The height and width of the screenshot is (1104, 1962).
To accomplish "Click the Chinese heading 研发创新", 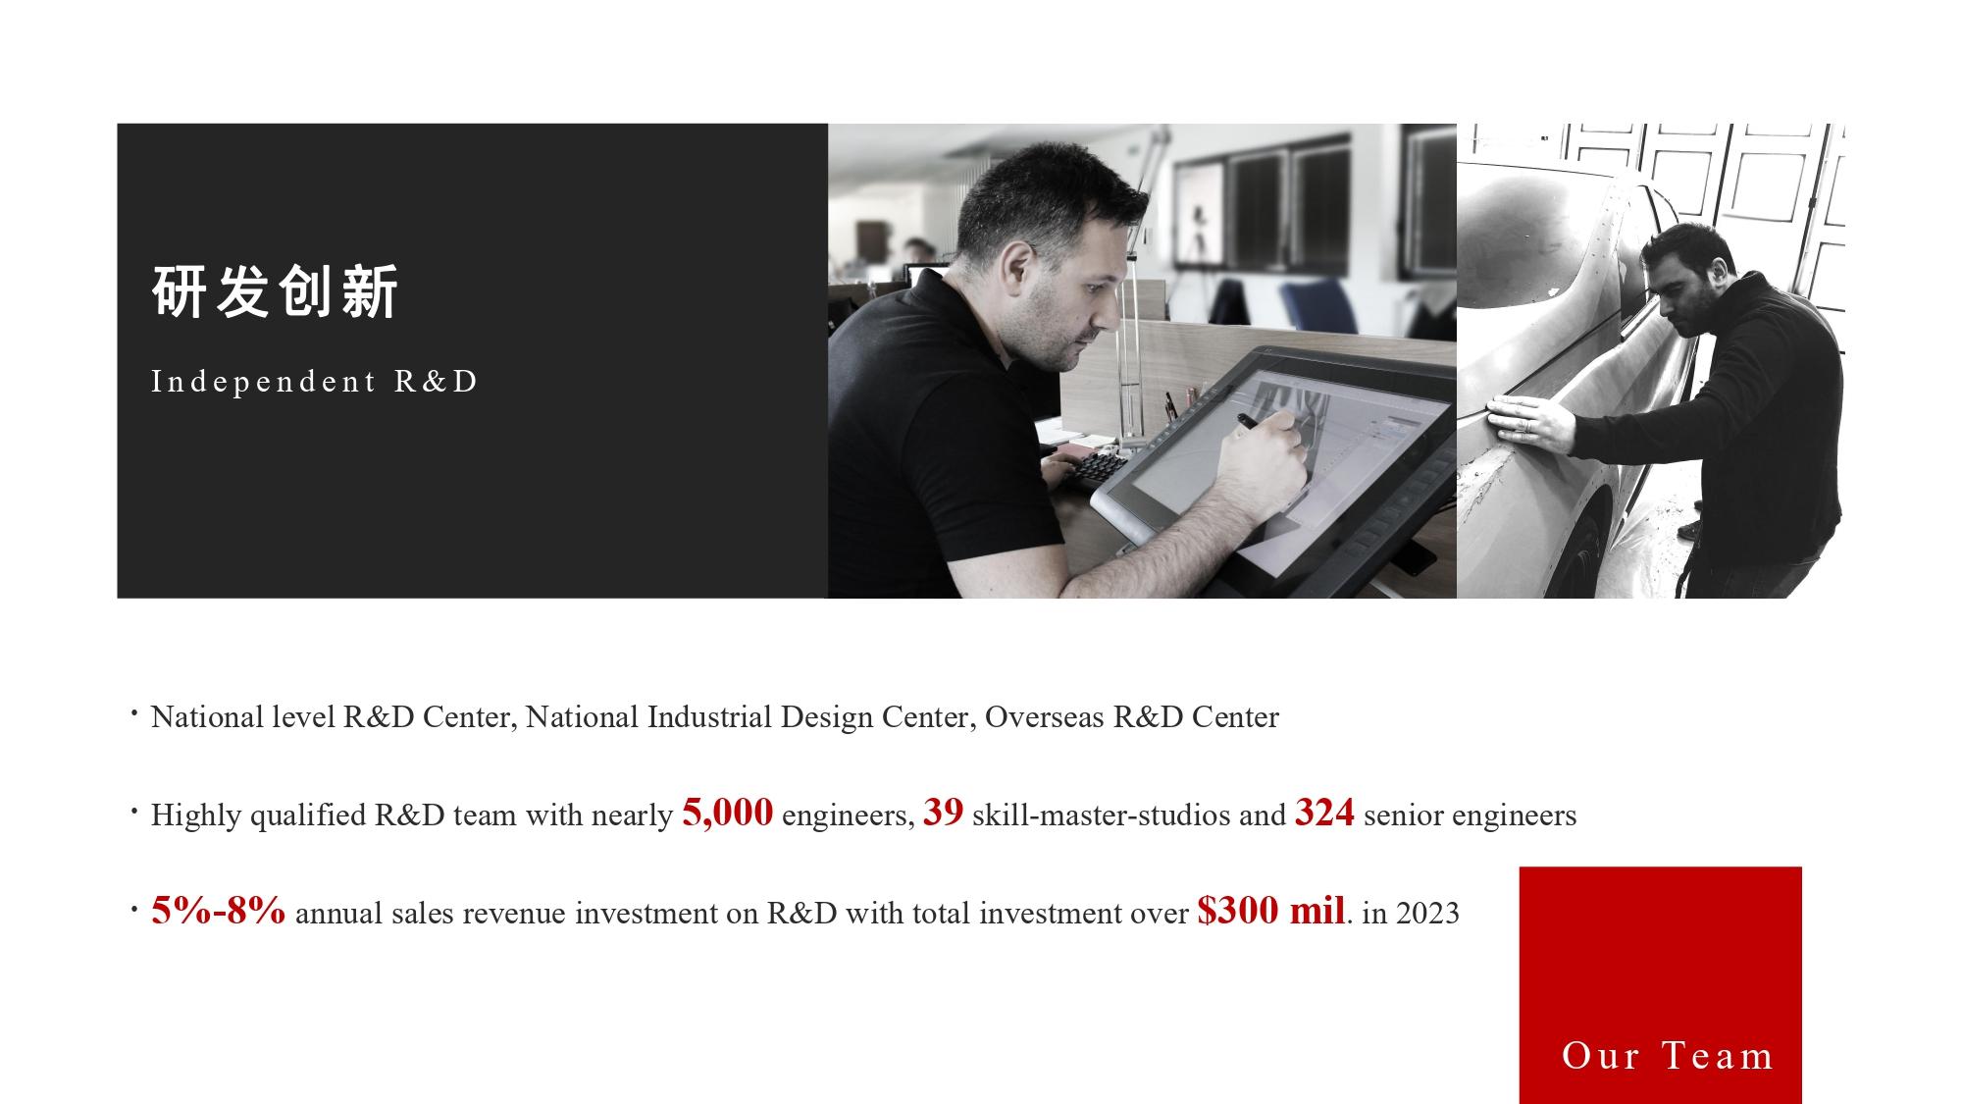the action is [x=276, y=291].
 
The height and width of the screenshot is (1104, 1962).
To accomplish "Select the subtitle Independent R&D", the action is [x=314, y=381].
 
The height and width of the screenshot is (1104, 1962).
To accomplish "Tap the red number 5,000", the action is [x=727, y=813].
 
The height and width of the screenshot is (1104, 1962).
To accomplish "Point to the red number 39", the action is [x=943, y=813].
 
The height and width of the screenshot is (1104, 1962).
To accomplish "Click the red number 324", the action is [x=1324, y=813].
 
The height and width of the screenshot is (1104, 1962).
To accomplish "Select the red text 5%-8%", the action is [x=218, y=911].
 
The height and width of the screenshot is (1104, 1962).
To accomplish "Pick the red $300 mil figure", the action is [x=1270, y=911].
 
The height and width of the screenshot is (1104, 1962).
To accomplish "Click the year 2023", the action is [x=1427, y=913].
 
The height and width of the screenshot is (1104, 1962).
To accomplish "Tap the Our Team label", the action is [x=1667, y=1056].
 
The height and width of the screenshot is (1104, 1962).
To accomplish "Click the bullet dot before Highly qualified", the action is [x=132, y=813].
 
